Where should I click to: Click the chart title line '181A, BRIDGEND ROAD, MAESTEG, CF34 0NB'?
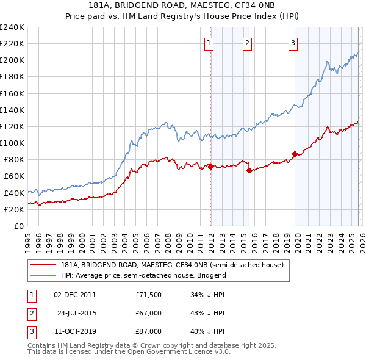point(183,5)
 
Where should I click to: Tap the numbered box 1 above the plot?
point(209,43)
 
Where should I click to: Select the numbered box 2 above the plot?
point(247,43)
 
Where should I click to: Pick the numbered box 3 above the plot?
point(293,43)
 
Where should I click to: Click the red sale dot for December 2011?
point(210,167)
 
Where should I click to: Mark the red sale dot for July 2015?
point(249,171)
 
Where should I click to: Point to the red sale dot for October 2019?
point(295,154)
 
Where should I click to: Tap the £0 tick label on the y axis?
point(19,226)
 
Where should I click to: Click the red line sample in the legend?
point(44,265)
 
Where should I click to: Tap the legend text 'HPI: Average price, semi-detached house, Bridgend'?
point(143,275)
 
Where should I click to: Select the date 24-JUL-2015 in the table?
point(76,313)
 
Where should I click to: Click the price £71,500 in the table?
point(148,294)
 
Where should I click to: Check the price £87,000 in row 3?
point(148,331)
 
